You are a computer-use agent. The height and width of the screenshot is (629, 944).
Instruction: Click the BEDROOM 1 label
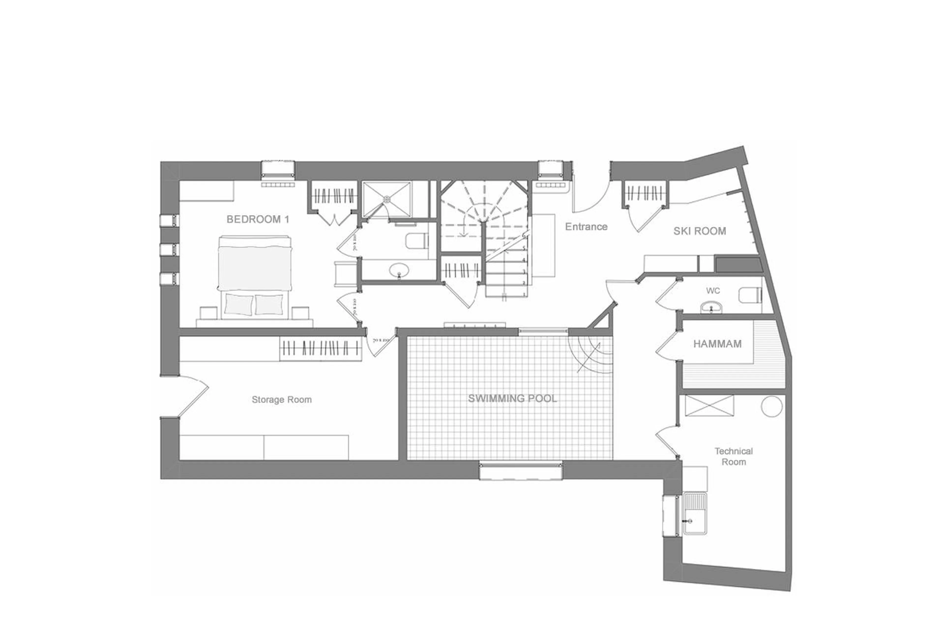point(258,219)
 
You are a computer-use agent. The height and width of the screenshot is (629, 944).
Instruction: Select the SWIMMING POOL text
point(512,398)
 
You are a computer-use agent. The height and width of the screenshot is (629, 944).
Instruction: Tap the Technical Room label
point(733,456)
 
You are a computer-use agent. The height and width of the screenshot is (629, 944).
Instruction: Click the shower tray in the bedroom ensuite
point(387,199)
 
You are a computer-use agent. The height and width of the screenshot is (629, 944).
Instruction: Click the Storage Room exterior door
point(192,397)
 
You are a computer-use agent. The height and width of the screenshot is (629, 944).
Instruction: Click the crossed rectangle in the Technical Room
point(709,406)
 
